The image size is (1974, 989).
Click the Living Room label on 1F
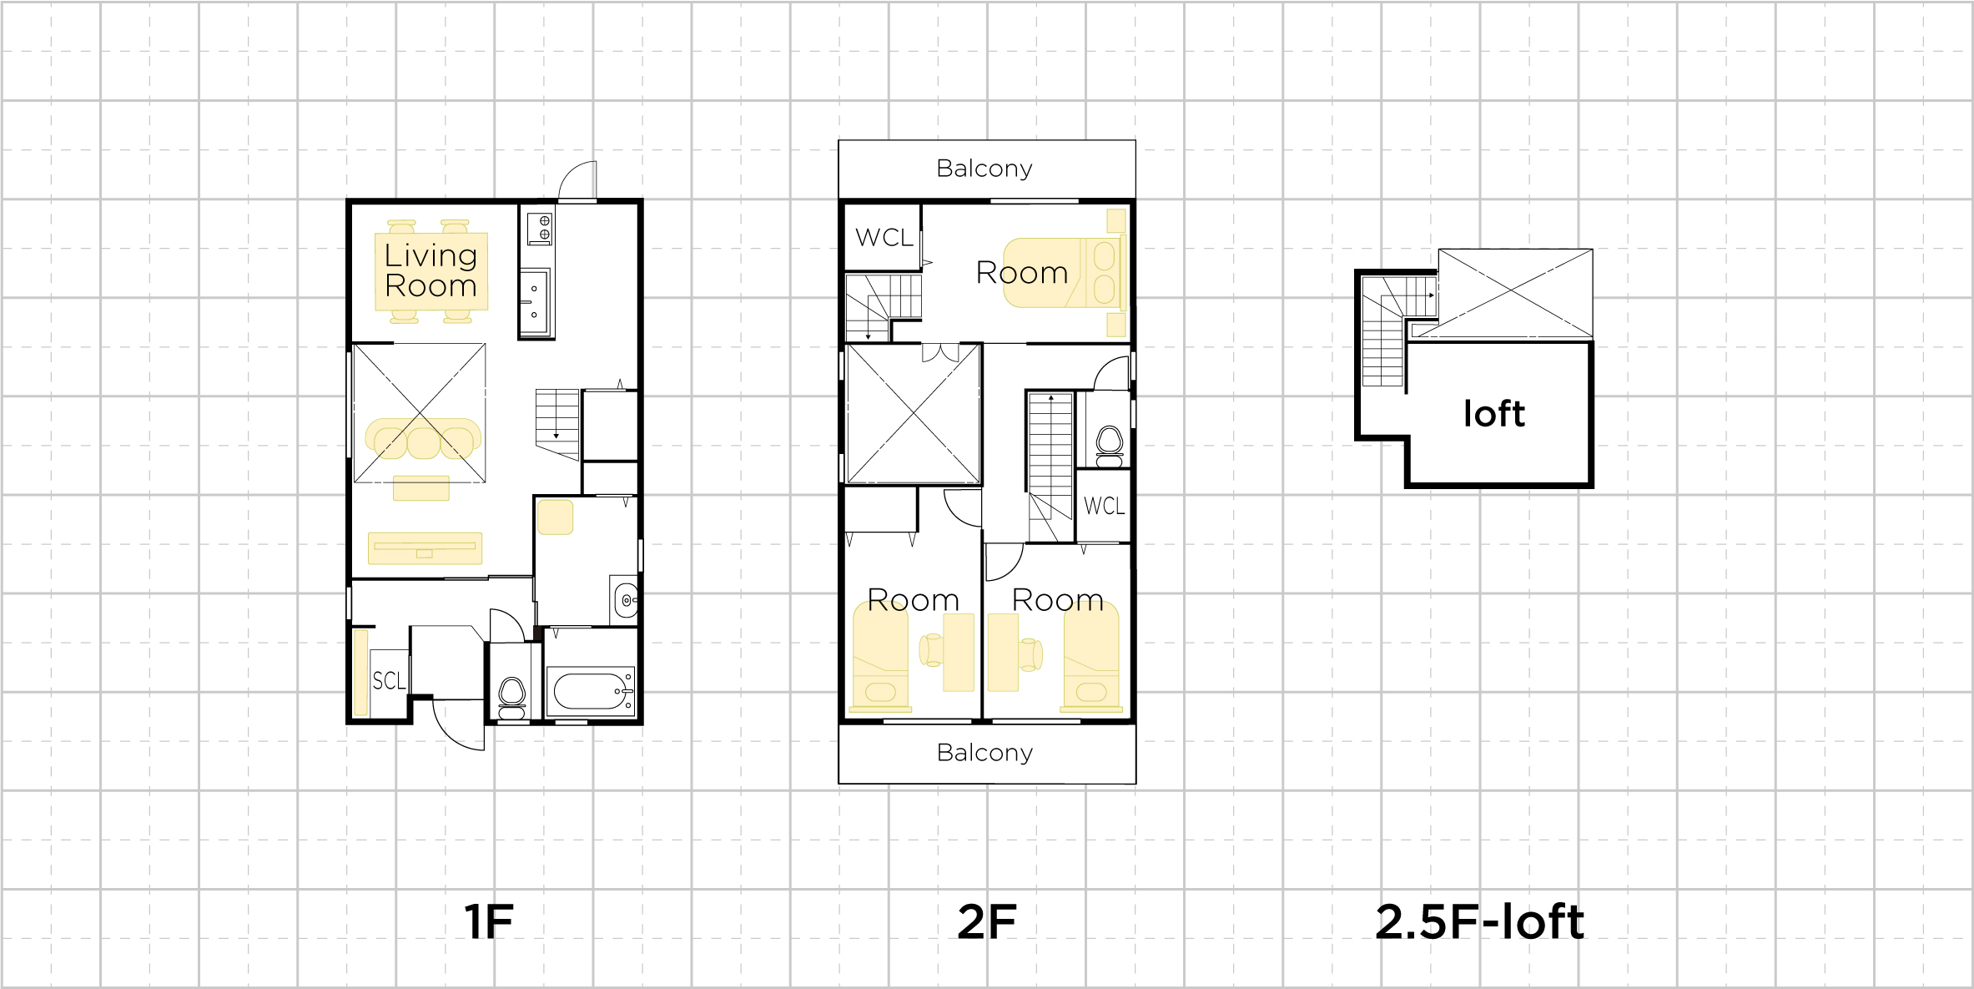tap(431, 270)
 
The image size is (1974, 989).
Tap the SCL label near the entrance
tap(389, 681)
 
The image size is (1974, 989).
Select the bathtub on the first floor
tap(590, 691)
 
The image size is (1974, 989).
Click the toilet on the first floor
tap(511, 698)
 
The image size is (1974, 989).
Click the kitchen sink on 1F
tap(535, 301)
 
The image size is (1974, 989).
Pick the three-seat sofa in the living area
tap(424, 439)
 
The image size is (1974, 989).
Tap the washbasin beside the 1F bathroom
tap(625, 599)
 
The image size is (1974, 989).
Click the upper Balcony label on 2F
tap(984, 169)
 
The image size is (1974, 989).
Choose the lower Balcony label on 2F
tap(984, 753)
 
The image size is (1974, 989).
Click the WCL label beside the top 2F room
tap(884, 238)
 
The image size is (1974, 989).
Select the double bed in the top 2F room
tap(1065, 273)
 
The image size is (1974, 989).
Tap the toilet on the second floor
tap(1110, 447)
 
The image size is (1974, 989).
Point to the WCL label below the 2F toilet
tap(1104, 506)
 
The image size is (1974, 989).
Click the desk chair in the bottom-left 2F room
tap(931, 650)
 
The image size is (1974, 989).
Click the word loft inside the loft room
tap(1494, 414)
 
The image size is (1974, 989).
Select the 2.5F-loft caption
tap(1479, 922)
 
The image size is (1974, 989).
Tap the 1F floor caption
tap(489, 922)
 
